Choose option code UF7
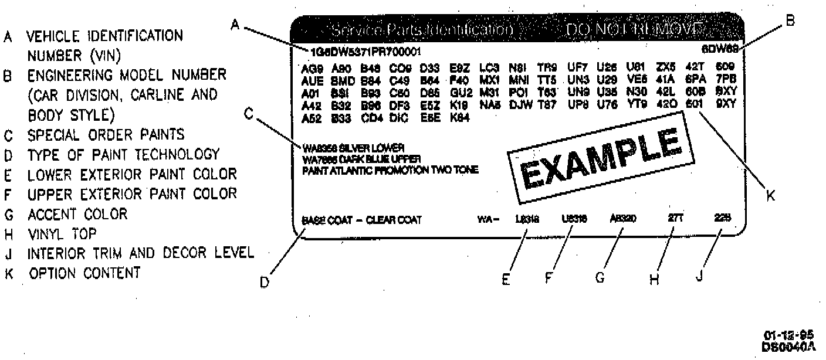click(x=576, y=67)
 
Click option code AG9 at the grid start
click(x=310, y=68)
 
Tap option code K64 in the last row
click(x=459, y=117)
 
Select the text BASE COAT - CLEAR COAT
click(x=361, y=221)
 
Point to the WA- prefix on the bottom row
click(x=488, y=220)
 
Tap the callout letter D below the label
click(x=265, y=283)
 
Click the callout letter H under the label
click(x=655, y=280)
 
